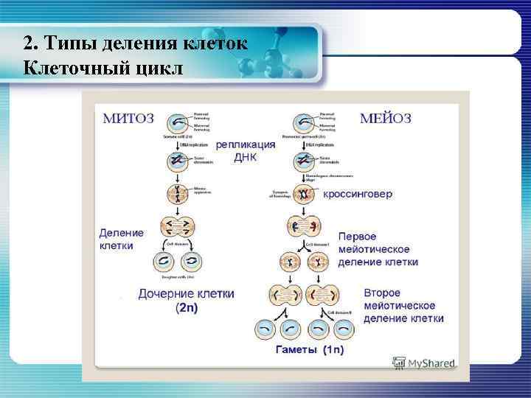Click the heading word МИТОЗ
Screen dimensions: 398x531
[129, 117]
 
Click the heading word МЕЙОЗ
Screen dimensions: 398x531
[386, 118]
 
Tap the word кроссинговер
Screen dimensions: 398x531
[358, 195]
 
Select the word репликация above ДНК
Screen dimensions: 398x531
[246, 145]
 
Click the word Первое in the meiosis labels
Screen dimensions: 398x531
[357, 237]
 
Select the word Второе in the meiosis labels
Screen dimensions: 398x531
[382, 293]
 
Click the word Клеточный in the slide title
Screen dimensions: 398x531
[74, 68]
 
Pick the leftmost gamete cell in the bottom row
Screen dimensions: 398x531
[264, 329]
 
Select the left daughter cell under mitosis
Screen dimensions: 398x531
[163, 262]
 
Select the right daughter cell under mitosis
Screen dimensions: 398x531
[193, 262]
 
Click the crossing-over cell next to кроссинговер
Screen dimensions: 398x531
[303, 195]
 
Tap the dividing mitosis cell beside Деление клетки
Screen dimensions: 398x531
[178, 228]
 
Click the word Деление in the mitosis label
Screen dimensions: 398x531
[122, 232]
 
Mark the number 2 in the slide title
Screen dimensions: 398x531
[27, 42]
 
